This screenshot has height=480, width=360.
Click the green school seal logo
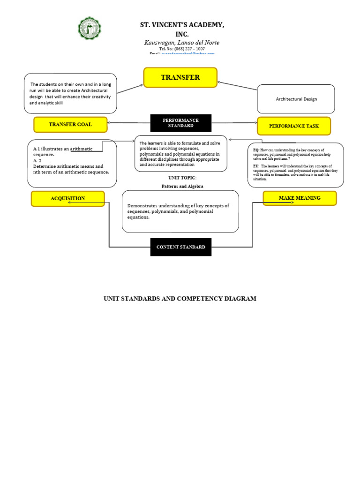pos(89,29)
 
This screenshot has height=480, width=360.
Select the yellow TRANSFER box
pos(180,77)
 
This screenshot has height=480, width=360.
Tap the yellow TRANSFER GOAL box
pos(70,125)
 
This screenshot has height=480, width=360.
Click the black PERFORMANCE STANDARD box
pos(180,123)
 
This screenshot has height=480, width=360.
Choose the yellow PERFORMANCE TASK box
pos(294,126)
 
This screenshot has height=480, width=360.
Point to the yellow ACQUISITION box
pos(67,199)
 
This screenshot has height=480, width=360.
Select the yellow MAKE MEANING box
pos(300,198)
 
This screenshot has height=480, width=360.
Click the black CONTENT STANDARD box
pos(180,247)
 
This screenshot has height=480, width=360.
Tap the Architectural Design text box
pos(296,99)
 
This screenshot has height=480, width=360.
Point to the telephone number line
pos(182,49)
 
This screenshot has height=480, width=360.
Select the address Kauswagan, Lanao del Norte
pos(181,43)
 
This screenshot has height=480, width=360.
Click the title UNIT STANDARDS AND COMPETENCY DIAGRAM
pos(180,299)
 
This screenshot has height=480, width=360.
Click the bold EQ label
pos(255,150)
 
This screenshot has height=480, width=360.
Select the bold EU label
pos(255,166)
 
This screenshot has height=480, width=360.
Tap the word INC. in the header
pos(181,34)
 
